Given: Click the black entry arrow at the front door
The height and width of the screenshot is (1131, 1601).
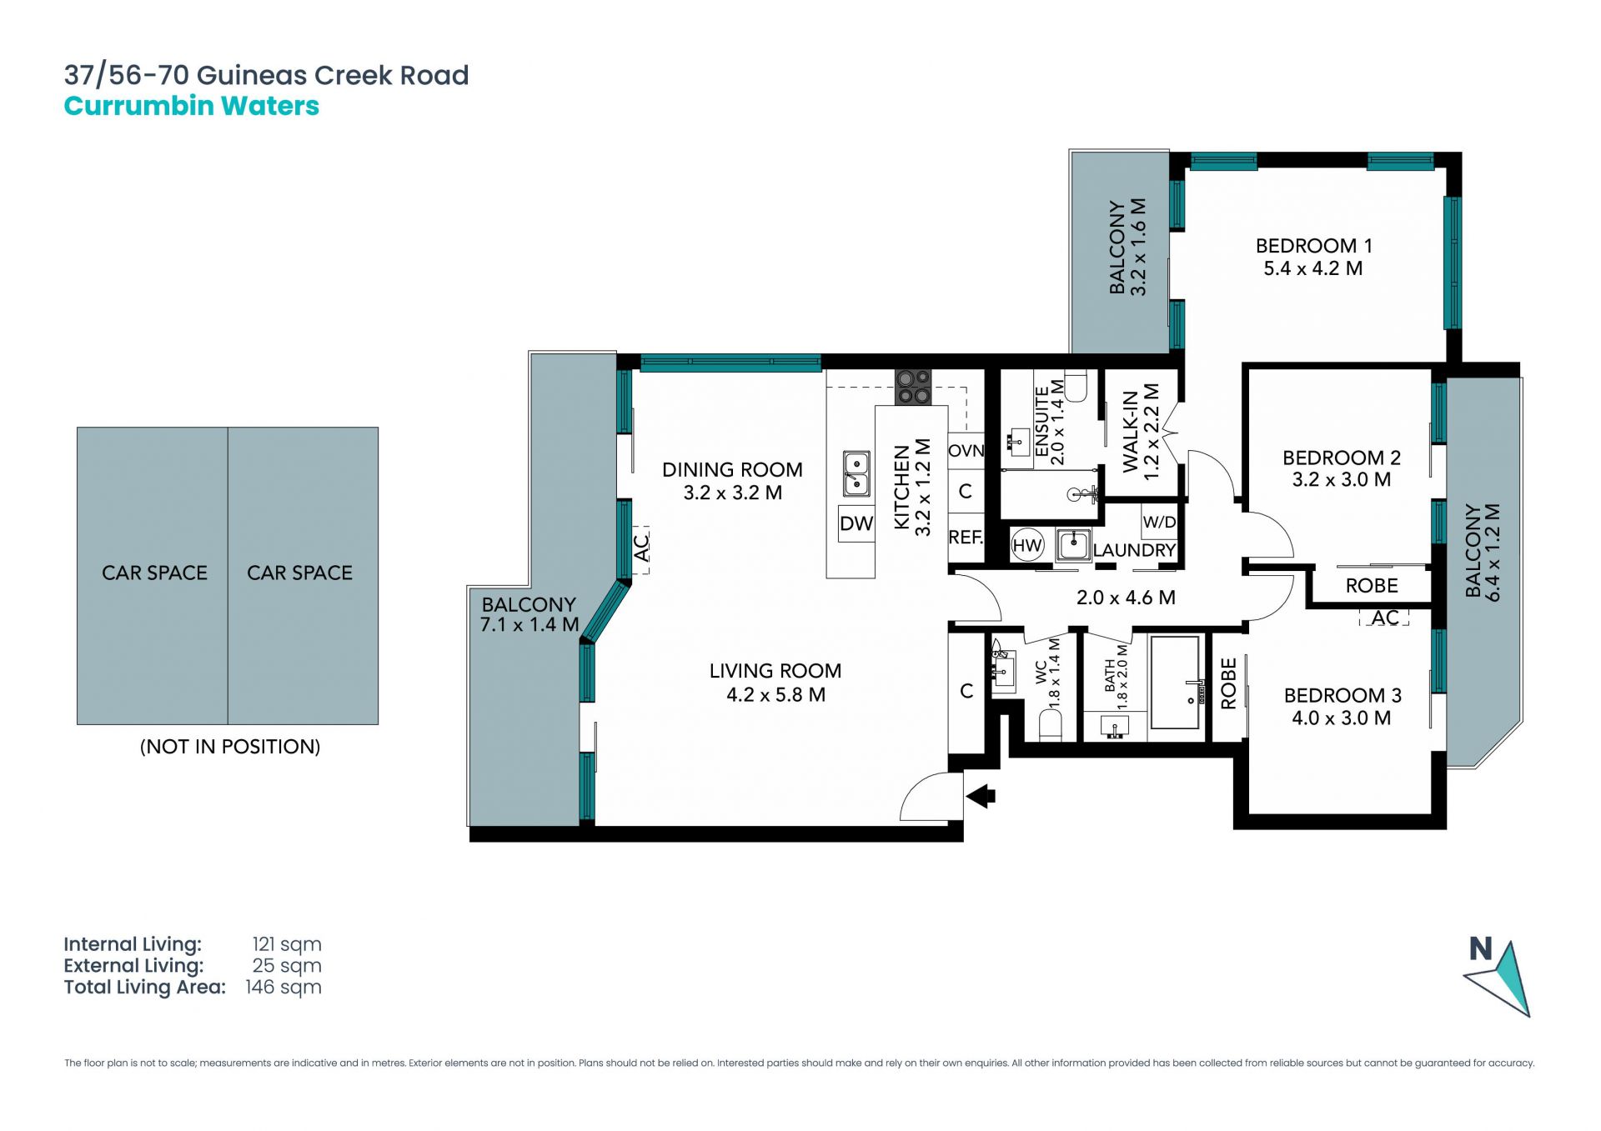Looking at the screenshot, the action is pos(981,796).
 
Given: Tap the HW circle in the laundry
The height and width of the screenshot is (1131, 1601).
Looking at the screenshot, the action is pos(1027,546).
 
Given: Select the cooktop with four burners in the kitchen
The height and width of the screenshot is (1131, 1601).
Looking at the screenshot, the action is pos(913,388).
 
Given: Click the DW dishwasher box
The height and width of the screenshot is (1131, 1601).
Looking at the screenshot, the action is pos(856,523).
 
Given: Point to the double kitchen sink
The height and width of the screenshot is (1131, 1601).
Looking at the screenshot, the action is pos(856,473).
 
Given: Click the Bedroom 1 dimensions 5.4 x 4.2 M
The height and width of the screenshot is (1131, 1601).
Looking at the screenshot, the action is pos(1313,268).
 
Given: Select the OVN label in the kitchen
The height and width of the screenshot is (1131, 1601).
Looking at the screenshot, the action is pos(966,451).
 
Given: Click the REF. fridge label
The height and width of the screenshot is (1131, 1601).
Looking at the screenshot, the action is pos(966,538).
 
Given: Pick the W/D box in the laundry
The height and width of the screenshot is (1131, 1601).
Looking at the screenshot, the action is pos(1159,523).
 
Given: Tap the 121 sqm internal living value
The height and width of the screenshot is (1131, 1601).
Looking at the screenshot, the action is pos(287,945).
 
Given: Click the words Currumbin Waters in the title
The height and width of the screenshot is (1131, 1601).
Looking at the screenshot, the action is pos(192,106).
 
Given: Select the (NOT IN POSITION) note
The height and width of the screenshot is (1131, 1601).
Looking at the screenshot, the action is pos(230,747).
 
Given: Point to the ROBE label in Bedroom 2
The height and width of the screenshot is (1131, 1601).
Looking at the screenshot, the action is pos(1372,586).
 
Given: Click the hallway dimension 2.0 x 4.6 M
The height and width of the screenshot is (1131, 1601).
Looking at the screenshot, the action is pos(1126,598).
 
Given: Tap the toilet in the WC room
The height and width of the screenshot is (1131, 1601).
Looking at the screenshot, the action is pos(1051,726).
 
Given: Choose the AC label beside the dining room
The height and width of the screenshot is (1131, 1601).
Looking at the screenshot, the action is pos(641,548).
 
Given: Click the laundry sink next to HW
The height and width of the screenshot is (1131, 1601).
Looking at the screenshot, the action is pos(1073,545).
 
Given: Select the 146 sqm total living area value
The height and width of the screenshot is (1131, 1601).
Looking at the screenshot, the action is pos(284,988).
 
